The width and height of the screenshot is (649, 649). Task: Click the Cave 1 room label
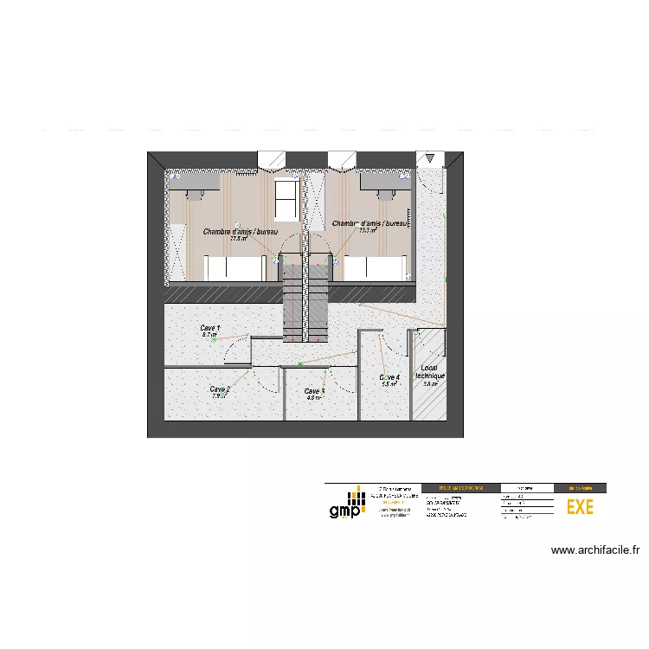pos(210,328)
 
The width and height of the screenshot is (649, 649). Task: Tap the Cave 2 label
pos(220,389)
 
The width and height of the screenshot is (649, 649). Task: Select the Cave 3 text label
pos(314,391)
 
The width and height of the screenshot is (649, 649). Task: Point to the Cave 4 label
pos(389,377)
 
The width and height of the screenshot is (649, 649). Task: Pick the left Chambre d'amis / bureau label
pos(241,232)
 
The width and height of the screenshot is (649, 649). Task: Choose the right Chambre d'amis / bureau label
pos(369,223)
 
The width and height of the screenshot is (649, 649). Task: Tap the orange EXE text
pos(580,507)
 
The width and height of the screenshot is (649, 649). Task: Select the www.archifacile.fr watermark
pos(594,549)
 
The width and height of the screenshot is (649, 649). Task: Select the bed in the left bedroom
pos(234,267)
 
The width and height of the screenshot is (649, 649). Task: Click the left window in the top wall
pos(272,159)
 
